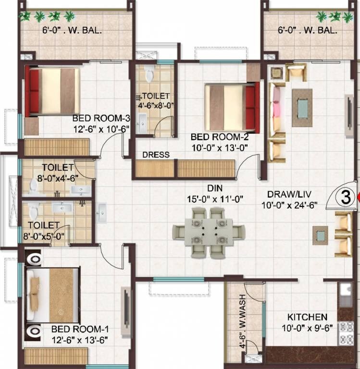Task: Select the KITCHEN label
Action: click(307, 317)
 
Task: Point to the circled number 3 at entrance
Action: click(344, 197)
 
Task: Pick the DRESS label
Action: click(156, 155)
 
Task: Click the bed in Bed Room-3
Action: click(52, 91)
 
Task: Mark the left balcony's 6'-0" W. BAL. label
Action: click(72, 31)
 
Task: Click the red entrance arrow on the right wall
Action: click(357, 197)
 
